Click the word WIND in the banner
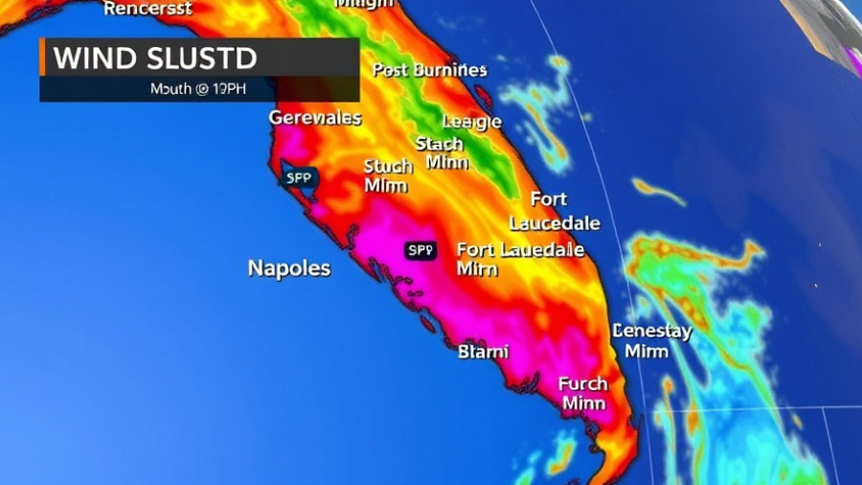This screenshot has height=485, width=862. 96,58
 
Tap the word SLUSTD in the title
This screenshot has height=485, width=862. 203,58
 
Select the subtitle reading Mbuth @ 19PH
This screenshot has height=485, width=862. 199,89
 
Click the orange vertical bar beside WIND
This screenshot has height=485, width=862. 42,58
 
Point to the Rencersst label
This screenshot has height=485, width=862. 147,9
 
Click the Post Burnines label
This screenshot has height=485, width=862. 429,70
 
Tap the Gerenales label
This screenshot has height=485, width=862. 315,118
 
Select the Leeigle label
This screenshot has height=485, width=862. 471,122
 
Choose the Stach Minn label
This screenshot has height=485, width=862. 442,153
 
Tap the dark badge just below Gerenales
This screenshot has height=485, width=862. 298,176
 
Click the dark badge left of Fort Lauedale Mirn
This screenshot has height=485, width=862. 421,250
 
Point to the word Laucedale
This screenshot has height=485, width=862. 555,223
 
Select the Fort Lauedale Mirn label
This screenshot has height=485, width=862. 519,259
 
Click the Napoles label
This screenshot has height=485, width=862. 289,268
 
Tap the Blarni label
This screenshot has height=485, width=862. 484,352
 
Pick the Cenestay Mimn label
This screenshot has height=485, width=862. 651,340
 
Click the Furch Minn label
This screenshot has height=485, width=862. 583,393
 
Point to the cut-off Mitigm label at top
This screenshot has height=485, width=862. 363,4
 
